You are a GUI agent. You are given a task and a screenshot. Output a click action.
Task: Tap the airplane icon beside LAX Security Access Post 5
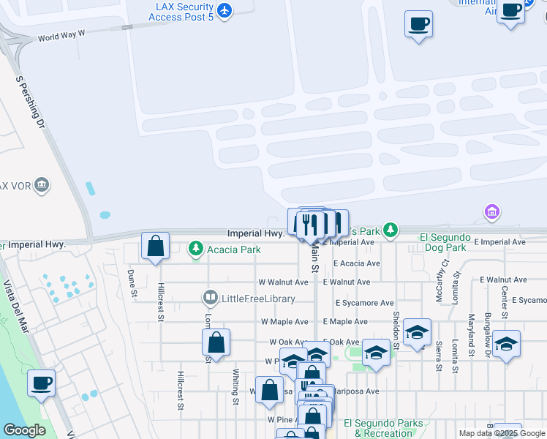(x=225, y=10)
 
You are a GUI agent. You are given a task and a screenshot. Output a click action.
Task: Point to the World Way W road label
(x=62, y=35)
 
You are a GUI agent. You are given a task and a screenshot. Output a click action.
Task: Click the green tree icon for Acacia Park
(x=195, y=249)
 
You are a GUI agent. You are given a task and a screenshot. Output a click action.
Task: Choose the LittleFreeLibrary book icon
(x=210, y=298)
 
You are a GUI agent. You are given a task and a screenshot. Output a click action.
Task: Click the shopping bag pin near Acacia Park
(x=156, y=246)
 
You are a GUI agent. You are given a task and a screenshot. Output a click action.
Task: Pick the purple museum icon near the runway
(x=492, y=213)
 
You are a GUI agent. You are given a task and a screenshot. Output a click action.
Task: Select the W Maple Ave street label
(x=284, y=322)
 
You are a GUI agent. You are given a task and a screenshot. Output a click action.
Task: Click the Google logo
(x=24, y=431)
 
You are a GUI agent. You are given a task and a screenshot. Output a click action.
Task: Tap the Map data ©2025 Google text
(x=501, y=433)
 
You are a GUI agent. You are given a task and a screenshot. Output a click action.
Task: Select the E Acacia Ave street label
(x=357, y=263)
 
